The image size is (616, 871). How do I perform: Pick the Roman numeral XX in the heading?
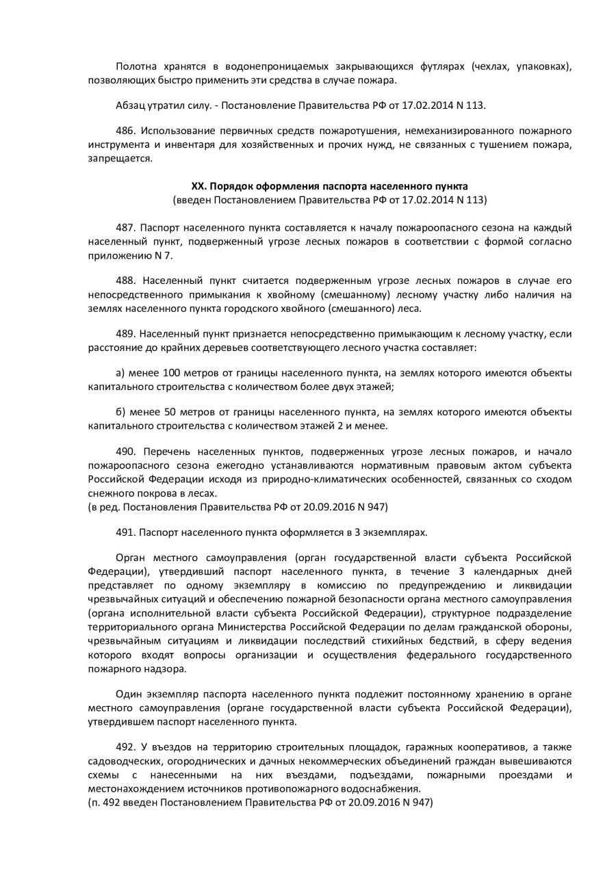198,186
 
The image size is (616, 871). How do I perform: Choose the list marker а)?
121,373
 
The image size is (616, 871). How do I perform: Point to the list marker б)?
122,412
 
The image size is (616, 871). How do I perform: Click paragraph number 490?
126,452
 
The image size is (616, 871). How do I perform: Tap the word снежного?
110,493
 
